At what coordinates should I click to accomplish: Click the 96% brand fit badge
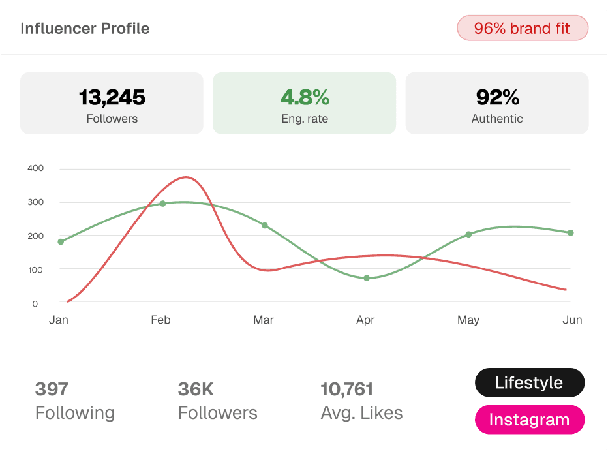[523, 28]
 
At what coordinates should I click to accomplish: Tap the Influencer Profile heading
[85, 29]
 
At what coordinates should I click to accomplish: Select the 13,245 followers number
[112, 97]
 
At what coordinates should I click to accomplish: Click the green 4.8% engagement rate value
[305, 97]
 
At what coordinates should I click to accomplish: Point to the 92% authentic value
[498, 97]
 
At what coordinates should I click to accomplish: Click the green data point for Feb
[163, 204]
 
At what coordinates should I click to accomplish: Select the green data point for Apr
[367, 278]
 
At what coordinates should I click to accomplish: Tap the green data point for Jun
[570, 233]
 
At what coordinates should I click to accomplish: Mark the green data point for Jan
[61, 241]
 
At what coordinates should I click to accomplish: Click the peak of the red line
[186, 177]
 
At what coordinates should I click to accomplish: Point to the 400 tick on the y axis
[36, 168]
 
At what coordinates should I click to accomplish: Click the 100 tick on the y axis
[36, 269]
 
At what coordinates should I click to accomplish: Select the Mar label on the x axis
[264, 320]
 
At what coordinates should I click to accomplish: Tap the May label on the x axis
[468, 320]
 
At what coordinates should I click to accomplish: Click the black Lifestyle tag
[530, 382]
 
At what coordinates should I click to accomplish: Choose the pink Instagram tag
[530, 420]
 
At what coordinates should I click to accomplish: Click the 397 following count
[52, 389]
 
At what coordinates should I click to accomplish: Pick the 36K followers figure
[196, 389]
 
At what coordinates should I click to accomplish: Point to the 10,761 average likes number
[346, 390]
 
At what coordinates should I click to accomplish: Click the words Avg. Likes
[362, 413]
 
